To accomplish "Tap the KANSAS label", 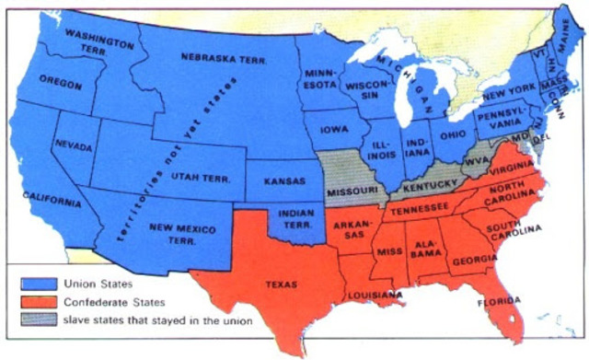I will point(283,181).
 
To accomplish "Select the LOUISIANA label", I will point(374,295).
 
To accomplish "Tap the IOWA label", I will point(334,131).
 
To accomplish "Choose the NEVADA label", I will point(73,145).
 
